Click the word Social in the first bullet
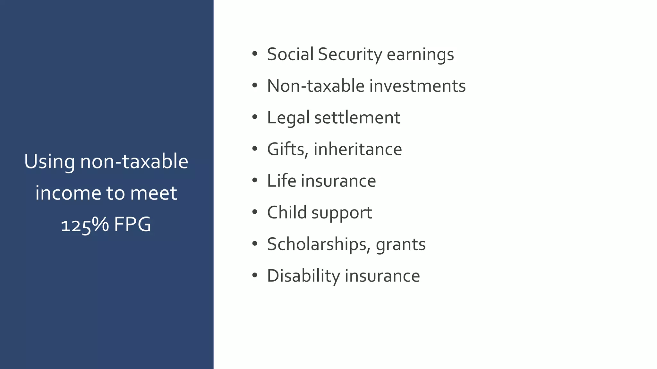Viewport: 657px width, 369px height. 290,54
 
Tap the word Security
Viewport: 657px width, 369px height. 350,54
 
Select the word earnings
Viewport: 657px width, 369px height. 420,54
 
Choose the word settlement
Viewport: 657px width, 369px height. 357,118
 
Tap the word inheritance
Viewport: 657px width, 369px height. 358,149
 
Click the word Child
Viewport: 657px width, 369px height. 287,212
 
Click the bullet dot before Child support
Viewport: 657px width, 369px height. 255,212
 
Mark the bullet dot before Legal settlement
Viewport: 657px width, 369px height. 255,117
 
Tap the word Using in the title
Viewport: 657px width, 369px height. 50,162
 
